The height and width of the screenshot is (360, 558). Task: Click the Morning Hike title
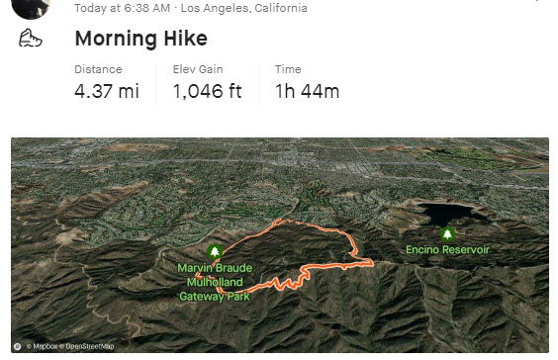[140, 40]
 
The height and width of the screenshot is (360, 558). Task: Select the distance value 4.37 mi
[107, 92]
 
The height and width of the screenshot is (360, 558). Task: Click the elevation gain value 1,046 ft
[209, 92]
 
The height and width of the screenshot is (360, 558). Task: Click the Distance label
[98, 69]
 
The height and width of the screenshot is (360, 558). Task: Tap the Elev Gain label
[198, 69]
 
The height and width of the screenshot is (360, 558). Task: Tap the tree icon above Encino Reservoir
[447, 233]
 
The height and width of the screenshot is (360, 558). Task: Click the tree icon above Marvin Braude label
[216, 251]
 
